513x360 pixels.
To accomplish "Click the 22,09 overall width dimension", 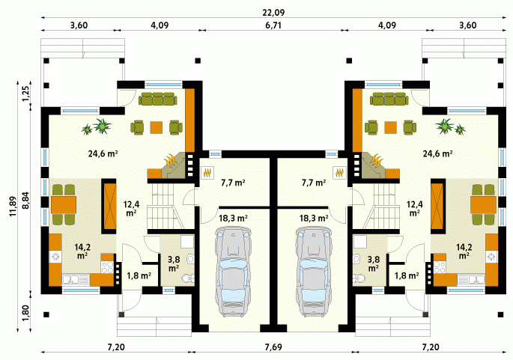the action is point(273,13).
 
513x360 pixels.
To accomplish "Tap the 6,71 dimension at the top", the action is point(273,25).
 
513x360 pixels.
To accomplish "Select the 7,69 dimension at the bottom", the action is point(273,347).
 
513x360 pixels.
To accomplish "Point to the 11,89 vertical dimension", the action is point(13,206).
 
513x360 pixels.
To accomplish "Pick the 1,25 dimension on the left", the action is point(26,94).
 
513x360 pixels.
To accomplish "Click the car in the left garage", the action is point(233,272).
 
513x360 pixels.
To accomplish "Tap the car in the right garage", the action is point(314,272).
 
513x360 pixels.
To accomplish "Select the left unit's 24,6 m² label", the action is point(103,153).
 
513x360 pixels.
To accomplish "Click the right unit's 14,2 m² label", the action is point(464,251).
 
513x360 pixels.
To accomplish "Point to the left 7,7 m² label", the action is point(233,183).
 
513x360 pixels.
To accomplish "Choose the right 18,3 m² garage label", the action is point(314,218).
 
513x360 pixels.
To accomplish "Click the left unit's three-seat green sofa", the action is point(158,99).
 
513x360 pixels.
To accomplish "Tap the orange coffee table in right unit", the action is point(391,127).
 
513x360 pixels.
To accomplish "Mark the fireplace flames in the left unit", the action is point(171,161).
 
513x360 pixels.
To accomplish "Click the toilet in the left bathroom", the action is point(188,278).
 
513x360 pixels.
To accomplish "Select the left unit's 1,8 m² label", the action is point(139,275).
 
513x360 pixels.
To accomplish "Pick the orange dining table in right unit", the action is point(483,204).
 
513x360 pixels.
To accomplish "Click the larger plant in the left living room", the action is point(103,126).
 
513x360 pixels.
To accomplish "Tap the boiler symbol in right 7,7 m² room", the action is point(339,172).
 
